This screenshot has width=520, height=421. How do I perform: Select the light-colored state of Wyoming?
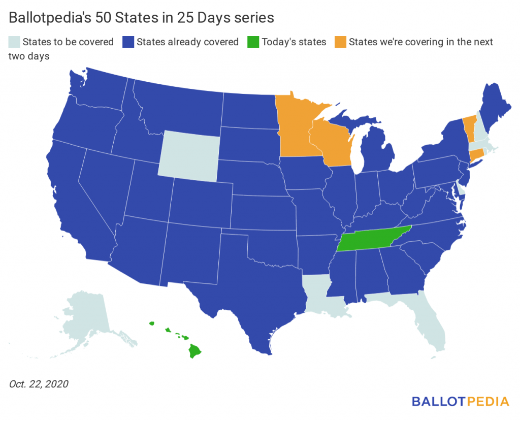189,153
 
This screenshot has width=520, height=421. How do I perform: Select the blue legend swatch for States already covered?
128,42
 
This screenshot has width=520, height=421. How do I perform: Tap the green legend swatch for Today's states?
253,42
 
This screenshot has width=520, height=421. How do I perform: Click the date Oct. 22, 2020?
39,384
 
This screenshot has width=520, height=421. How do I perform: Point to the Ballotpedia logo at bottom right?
460,401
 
